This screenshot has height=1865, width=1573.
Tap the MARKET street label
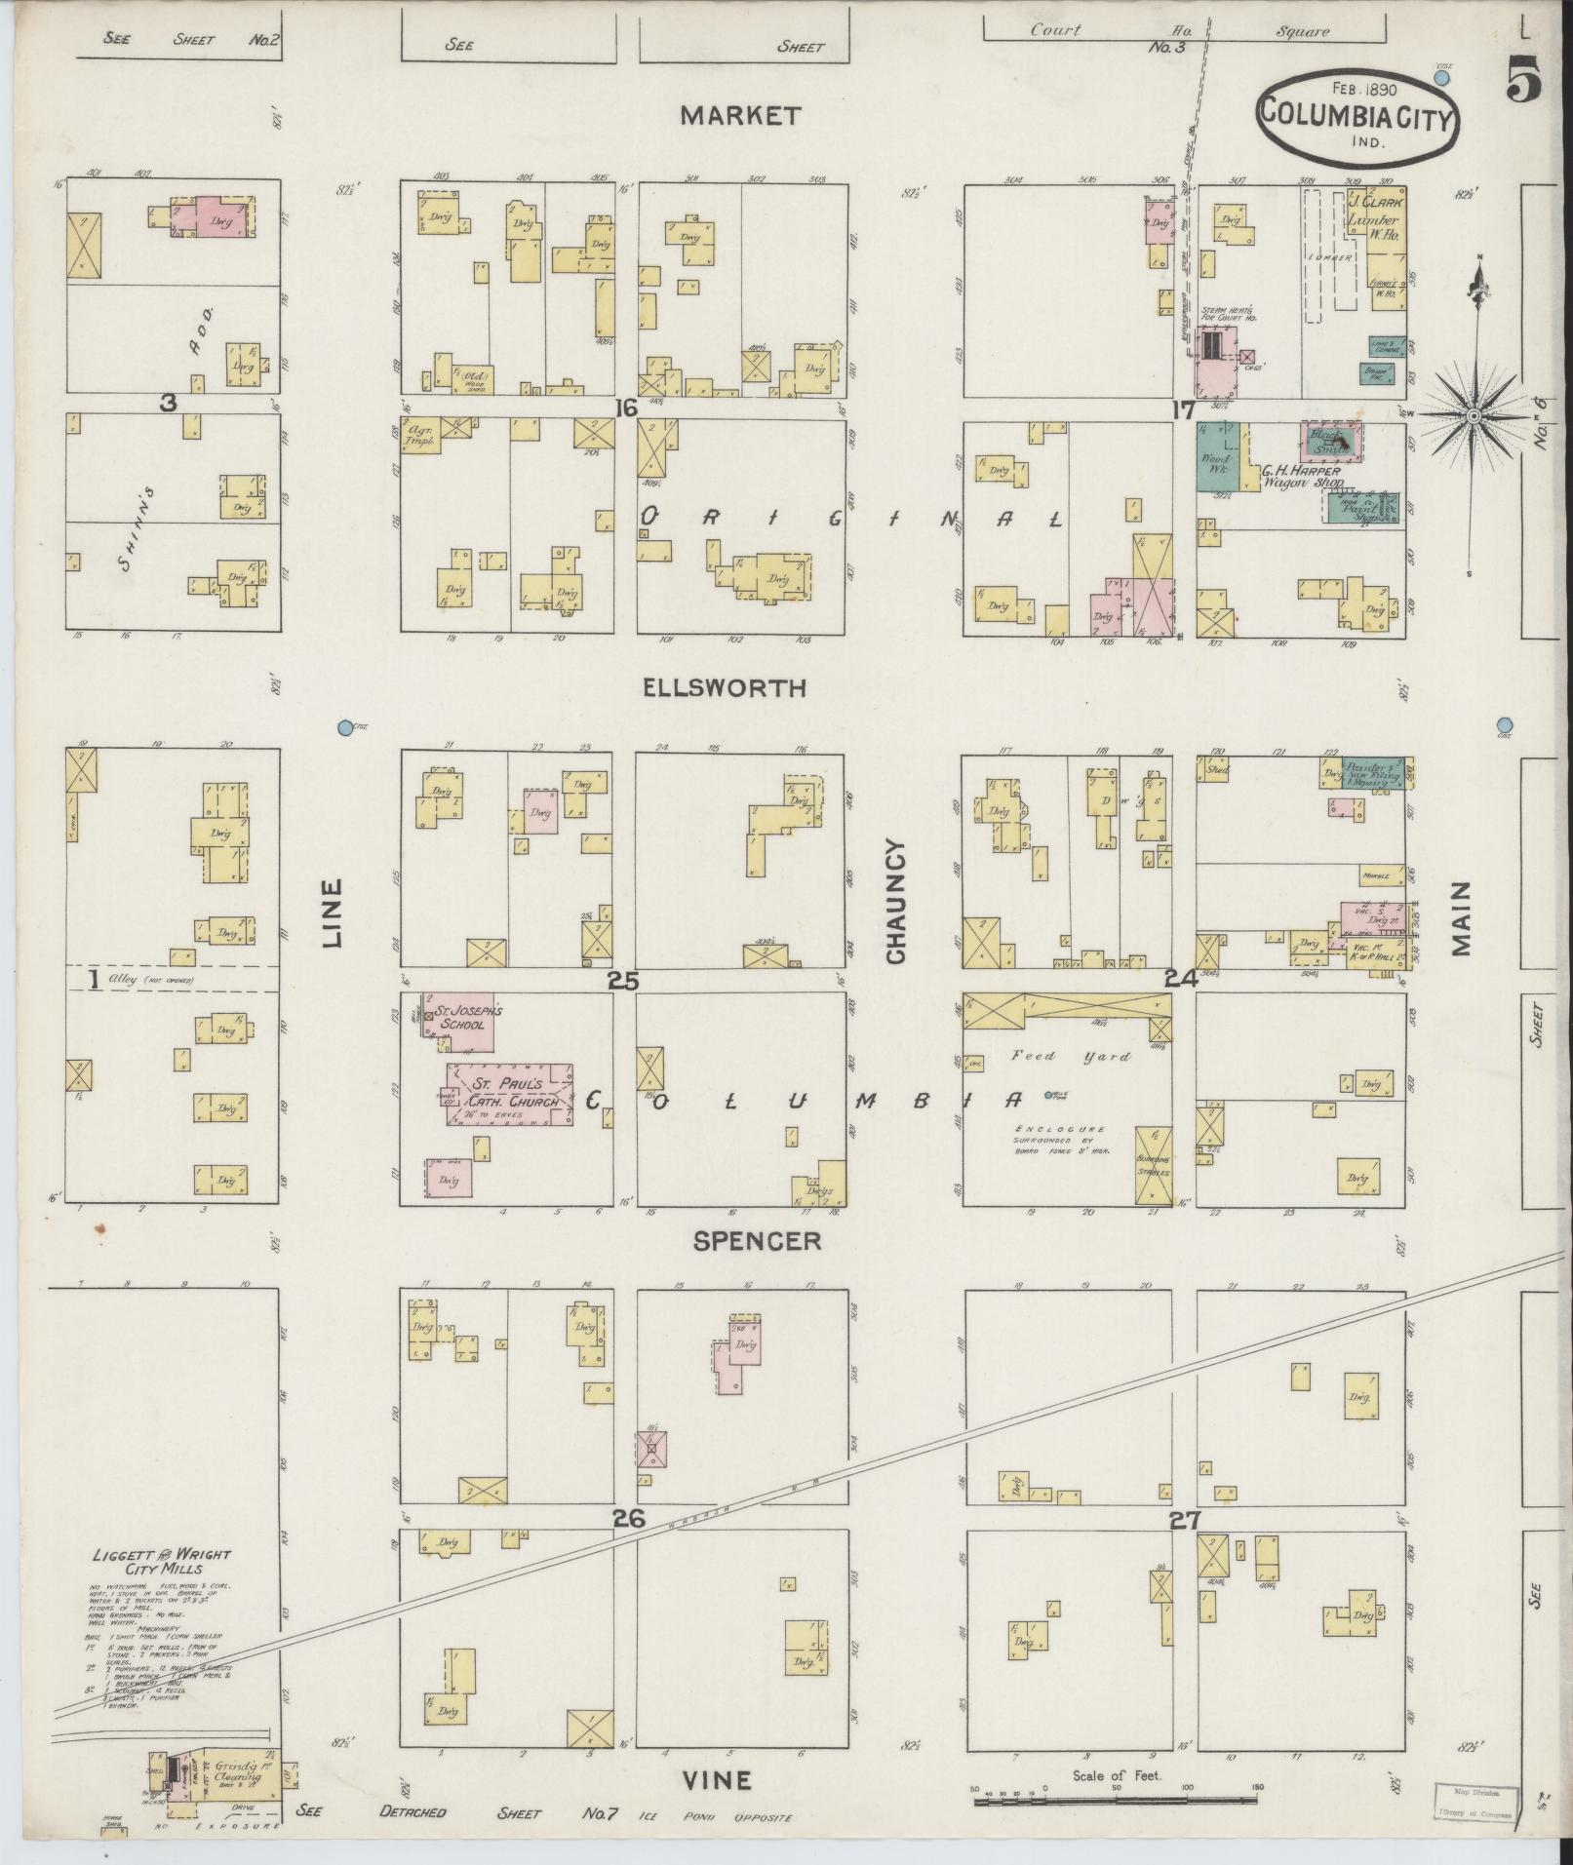pos(740,116)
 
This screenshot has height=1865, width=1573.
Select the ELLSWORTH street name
pos(725,688)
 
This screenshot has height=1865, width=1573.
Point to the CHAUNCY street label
pos(896,902)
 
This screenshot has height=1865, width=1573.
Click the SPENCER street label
pos(757,1240)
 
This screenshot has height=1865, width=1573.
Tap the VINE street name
pos(716,1781)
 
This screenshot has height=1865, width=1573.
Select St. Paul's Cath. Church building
pos(510,1094)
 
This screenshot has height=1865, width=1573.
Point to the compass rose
pos(1475,416)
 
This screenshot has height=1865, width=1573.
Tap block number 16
pos(625,408)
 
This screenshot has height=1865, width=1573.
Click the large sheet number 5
pos(1523,78)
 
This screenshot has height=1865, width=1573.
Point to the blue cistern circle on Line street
pos(344,727)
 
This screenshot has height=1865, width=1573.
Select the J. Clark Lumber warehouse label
pos(1373,221)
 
